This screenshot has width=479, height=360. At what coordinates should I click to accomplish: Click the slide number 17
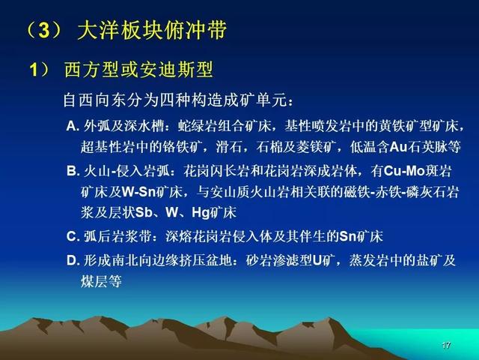pyautogui.click(x=446, y=345)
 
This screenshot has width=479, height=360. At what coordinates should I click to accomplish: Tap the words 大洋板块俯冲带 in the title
pyautogui.click(x=152, y=30)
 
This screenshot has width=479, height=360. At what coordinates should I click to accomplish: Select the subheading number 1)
pyautogui.click(x=39, y=70)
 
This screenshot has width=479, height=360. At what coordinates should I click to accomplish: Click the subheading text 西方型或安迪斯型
pyautogui.click(x=138, y=70)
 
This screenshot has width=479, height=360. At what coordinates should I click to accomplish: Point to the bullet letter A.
pyautogui.click(x=73, y=126)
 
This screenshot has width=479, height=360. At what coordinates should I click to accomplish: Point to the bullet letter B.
pyautogui.click(x=73, y=171)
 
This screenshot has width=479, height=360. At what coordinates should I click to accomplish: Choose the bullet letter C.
pyautogui.click(x=73, y=236)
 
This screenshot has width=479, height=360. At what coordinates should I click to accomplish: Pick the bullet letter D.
pyautogui.click(x=73, y=260)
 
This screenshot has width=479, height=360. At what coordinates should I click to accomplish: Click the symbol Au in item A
pyautogui.click(x=399, y=147)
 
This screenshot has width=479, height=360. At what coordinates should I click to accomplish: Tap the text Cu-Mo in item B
pyautogui.click(x=404, y=171)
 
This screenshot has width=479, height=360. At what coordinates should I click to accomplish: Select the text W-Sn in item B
pyautogui.click(x=138, y=192)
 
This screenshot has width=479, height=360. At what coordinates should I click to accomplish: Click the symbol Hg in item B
pyautogui.click(x=201, y=213)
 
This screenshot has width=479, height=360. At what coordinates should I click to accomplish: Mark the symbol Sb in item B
pyautogui.click(x=144, y=212)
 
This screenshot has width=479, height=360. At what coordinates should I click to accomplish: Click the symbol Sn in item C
pyautogui.click(x=348, y=236)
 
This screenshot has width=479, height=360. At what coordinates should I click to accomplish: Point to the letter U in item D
pyautogui.click(x=317, y=260)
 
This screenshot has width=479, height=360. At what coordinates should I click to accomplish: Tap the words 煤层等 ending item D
pyautogui.click(x=101, y=281)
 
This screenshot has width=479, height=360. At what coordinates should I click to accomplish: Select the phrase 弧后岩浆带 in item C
pyautogui.click(x=118, y=236)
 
